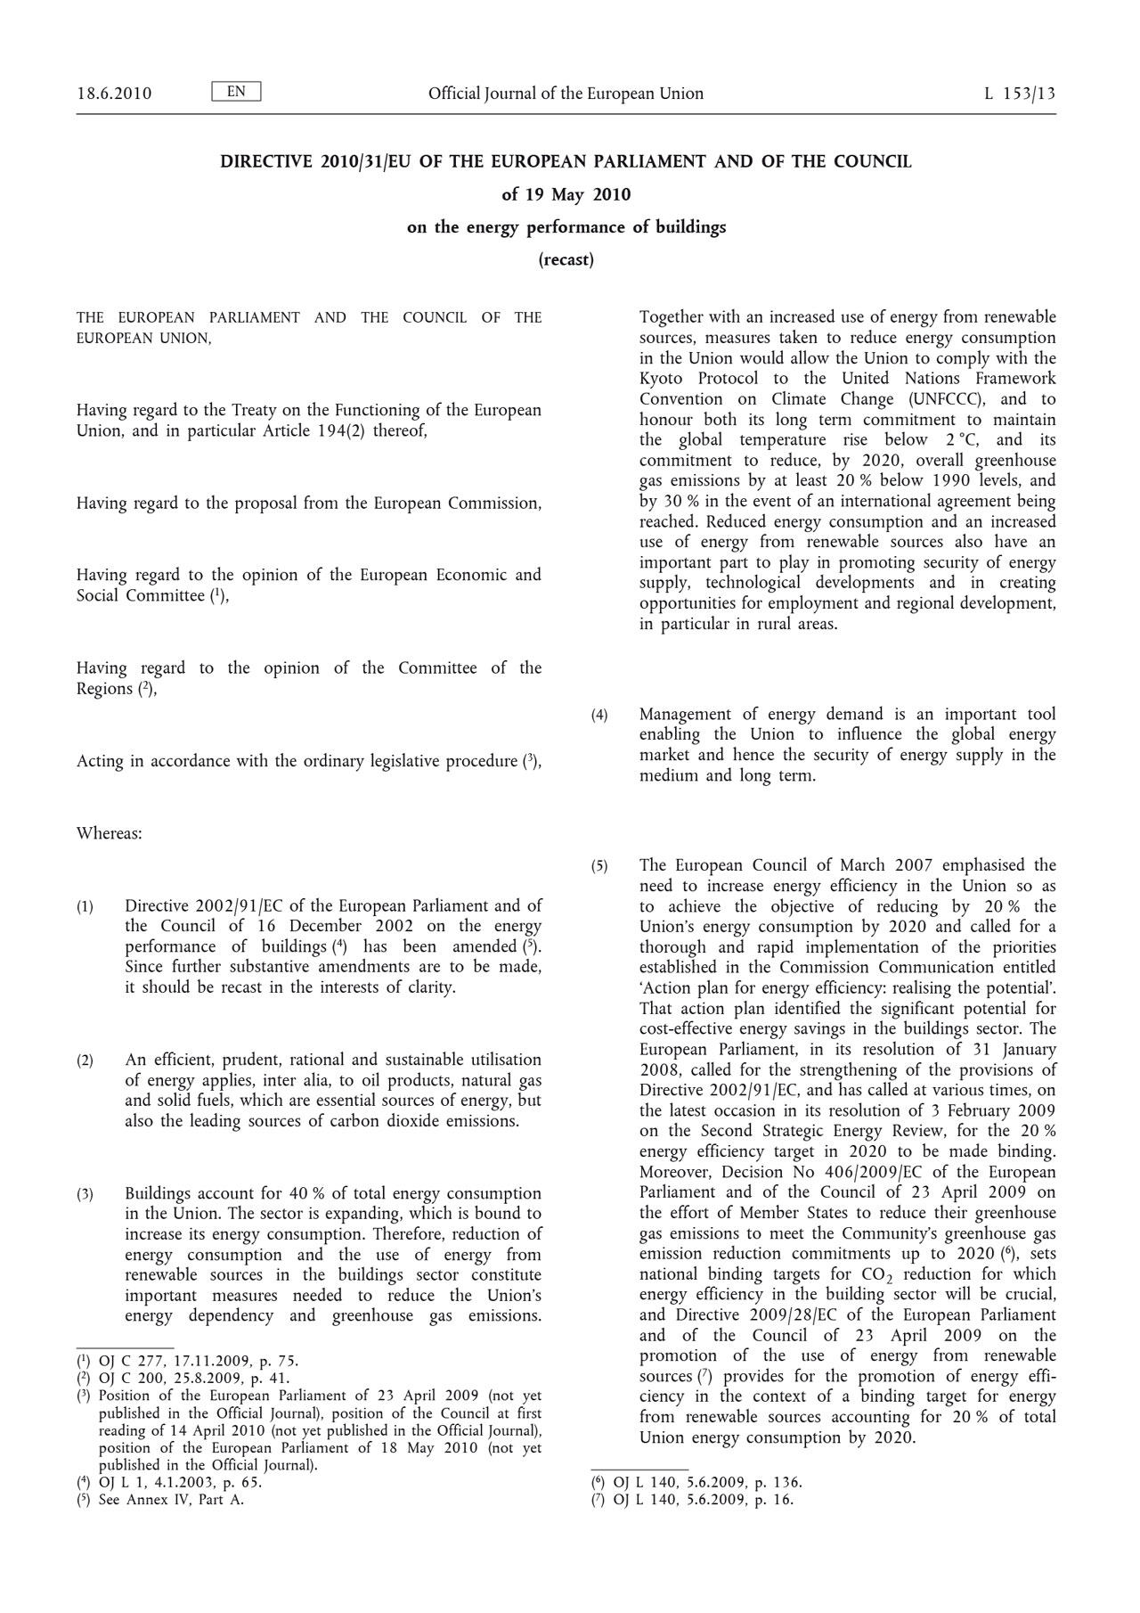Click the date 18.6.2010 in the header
click(x=114, y=94)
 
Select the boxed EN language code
click(x=236, y=92)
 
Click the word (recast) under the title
click(x=566, y=260)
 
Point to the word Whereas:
click(x=110, y=834)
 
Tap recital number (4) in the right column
click(x=599, y=715)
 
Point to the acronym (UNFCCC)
click(x=942, y=399)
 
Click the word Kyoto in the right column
click(x=661, y=379)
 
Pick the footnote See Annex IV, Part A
click(x=171, y=1499)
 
